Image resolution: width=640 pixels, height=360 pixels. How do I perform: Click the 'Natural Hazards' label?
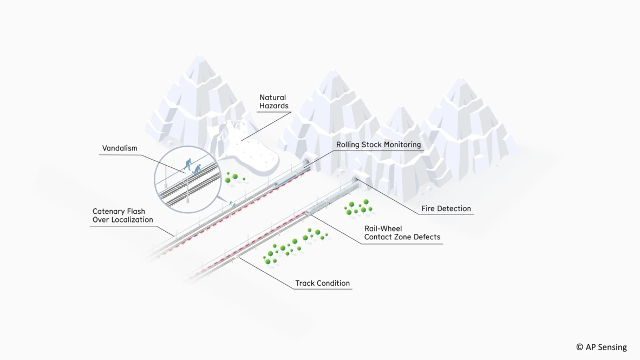pyautogui.click(x=273, y=102)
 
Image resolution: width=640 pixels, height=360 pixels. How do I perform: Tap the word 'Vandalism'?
pyautogui.click(x=120, y=148)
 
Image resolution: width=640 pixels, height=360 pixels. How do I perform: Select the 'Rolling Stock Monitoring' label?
pyautogui.click(x=378, y=145)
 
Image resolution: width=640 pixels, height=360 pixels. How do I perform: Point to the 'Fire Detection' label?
pyautogui.click(x=446, y=208)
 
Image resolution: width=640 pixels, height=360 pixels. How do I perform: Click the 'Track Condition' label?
pyautogui.click(x=322, y=283)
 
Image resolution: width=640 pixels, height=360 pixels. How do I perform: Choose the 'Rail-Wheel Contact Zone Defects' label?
pyautogui.click(x=402, y=233)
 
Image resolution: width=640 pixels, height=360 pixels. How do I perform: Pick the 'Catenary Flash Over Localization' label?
pyautogui.click(x=122, y=215)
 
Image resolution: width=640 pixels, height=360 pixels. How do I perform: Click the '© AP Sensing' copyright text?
pyautogui.click(x=601, y=347)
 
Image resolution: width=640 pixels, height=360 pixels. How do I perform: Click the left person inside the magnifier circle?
pyautogui.click(x=188, y=163)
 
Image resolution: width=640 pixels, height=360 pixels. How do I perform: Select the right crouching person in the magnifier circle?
pyautogui.click(x=197, y=169)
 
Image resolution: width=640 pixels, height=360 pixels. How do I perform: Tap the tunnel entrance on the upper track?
pyautogui.click(x=306, y=162)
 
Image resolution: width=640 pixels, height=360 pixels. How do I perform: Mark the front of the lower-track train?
pyautogui.click(x=309, y=212)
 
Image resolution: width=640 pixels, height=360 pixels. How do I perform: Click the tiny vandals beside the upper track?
pyautogui.click(x=232, y=204)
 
